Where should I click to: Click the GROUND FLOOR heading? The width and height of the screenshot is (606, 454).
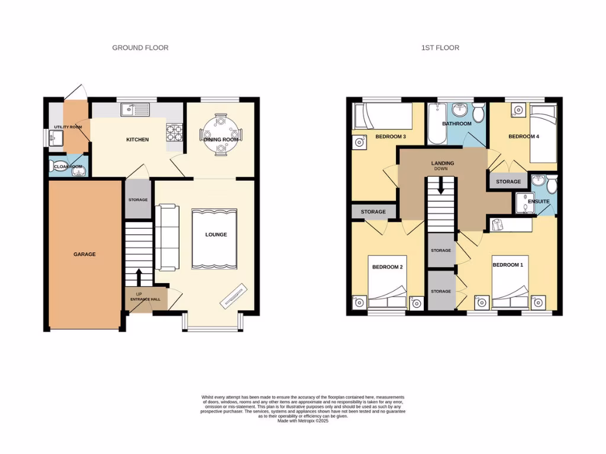[x=140, y=48]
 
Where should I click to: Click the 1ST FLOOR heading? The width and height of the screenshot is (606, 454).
[x=440, y=48]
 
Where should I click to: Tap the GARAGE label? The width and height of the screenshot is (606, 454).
[x=85, y=254]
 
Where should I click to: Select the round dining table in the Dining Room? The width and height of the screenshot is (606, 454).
[x=221, y=134]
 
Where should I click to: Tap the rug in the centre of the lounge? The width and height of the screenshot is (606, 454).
[x=214, y=238]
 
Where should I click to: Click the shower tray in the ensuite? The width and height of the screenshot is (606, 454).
[x=524, y=202]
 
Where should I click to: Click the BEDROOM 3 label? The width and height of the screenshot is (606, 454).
[x=391, y=137]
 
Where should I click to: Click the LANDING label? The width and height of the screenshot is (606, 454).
[x=442, y=163]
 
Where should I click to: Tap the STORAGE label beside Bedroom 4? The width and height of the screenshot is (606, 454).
[x=508, y=181]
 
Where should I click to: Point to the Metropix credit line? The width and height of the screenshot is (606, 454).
[x=302, y=420]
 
